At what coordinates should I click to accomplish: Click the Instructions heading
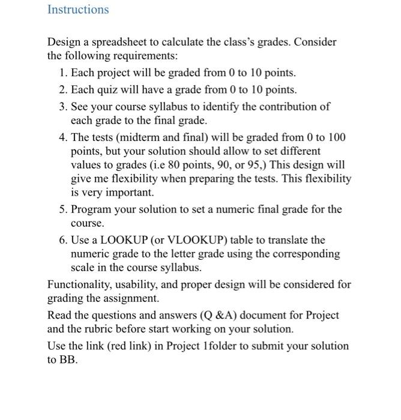tap(78, 10)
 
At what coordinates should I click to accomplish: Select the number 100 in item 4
tap(336, 137)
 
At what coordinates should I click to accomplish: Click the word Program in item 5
tap(92, 209)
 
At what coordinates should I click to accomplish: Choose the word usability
tap(145, 284)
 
